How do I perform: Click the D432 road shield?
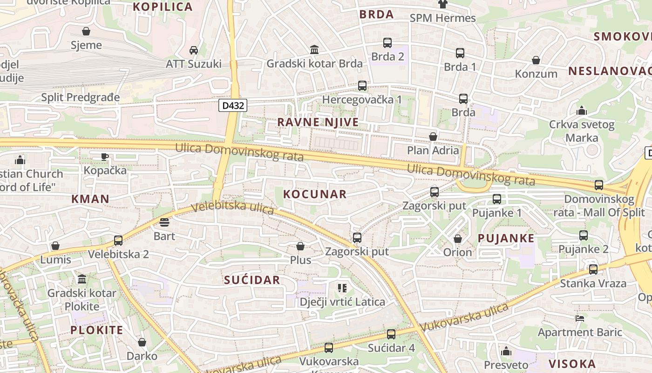[233, 105]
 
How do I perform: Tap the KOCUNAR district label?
[315, 194]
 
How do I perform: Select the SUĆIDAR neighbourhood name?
[252, 280]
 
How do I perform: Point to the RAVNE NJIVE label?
[318, 122]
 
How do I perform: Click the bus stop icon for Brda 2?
[387, 43]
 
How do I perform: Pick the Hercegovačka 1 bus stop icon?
[362, 86]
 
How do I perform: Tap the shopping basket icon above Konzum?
[536, 60]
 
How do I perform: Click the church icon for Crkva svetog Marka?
[581, 111]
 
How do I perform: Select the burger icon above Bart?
[164, 222]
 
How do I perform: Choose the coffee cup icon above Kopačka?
[105, 157]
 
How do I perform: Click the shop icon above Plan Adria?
[433, 137]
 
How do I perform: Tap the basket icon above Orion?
[458, 239]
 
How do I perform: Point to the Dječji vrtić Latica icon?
[342, 288]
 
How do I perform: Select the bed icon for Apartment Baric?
[580, 318]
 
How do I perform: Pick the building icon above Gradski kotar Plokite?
[82, 279]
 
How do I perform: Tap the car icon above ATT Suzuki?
[194, 50]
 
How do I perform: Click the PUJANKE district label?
[506, 238]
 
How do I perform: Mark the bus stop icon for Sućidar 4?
[391, 334]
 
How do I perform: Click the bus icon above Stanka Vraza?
[593, 269]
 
